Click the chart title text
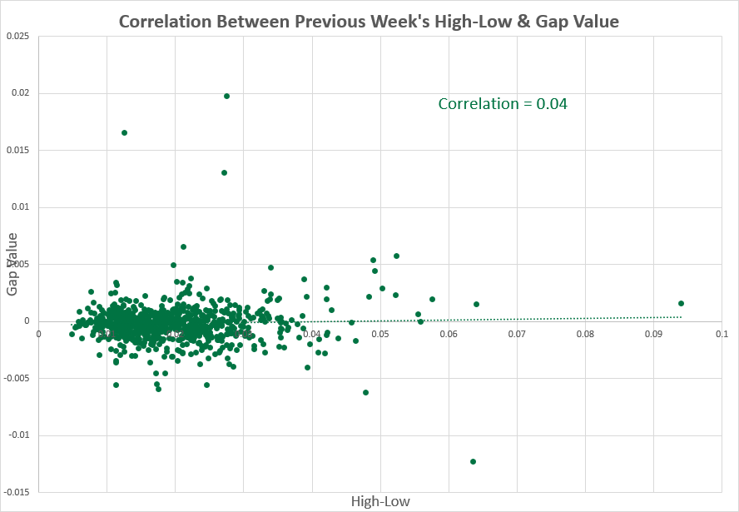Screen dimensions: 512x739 [x=369, y=22]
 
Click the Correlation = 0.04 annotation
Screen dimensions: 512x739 [x=503, y=104]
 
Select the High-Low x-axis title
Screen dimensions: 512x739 [x=380, y=501]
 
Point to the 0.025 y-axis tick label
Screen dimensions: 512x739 [x=17, y=36]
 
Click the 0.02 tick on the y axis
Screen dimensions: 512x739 [x=20, y=93]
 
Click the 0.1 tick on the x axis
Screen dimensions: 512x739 [x=722, y=334]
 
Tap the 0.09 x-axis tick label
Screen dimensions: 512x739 [x=653, y=334]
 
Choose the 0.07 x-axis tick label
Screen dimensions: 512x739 [x=517, y=334]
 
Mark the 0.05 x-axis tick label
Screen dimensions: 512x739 [x=380, y=334]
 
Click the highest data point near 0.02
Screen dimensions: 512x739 [x=226, y=96]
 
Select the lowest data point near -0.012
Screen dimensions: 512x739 [x=473, y=461]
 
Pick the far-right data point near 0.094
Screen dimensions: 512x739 [x=681, y=303]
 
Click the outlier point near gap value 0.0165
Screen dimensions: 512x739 [x=124, y=132]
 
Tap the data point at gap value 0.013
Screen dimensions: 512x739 [x=224, y=172]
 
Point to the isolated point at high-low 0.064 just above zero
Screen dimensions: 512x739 [x=476, y=304]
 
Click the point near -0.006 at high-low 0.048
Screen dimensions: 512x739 [x=365, y=392]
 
